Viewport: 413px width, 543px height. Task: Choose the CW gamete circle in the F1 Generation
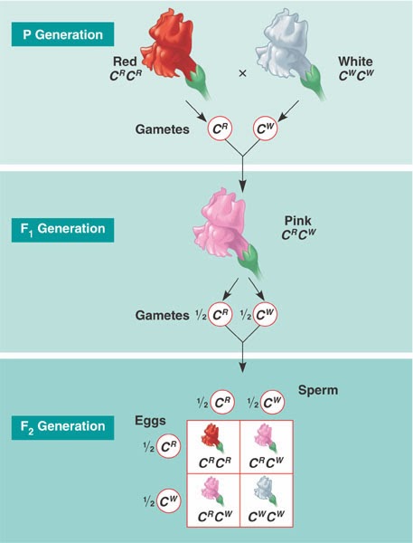262,315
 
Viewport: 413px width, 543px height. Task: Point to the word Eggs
152,421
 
